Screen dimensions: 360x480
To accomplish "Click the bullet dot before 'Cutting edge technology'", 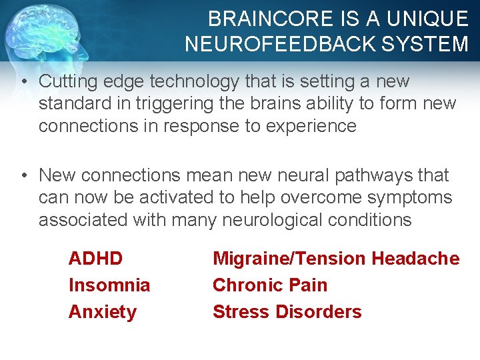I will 23,82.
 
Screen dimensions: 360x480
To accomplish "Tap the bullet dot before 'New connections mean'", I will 23,175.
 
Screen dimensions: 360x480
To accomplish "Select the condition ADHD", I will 96,259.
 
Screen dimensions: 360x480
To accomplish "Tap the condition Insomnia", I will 109,285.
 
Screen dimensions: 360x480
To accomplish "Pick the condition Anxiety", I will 103,312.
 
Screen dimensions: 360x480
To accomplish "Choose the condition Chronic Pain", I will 270,285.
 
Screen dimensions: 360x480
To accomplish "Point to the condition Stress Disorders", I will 287,312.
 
